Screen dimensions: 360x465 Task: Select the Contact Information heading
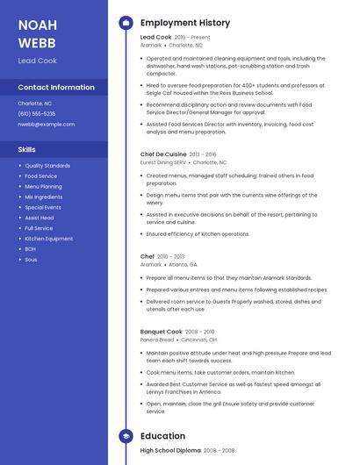pos(56,88)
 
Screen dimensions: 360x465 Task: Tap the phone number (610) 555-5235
pos(37,113)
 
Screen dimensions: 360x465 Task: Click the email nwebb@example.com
pos(47,124)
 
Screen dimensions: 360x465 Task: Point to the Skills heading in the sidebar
pos(26,149)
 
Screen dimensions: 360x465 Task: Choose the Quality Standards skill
pos(47,166)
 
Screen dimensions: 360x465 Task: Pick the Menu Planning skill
pos(43,187)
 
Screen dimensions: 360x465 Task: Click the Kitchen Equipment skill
pos(49,239)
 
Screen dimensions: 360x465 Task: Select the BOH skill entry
pos(31,249)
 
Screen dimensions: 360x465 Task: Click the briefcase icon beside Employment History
pos(126,23)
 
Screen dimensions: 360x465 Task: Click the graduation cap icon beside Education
pos(126,435)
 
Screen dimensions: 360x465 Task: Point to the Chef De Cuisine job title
pos(162,154)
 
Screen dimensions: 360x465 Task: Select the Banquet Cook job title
pos(160,332)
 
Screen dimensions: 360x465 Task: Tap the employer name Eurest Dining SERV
pos(163,162)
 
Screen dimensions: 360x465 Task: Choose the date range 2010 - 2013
pos(171,256)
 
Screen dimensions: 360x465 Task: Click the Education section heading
pos(162,435)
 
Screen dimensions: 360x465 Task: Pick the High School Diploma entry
pos(169,450)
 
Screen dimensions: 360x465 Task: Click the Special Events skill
pos(43,207)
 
